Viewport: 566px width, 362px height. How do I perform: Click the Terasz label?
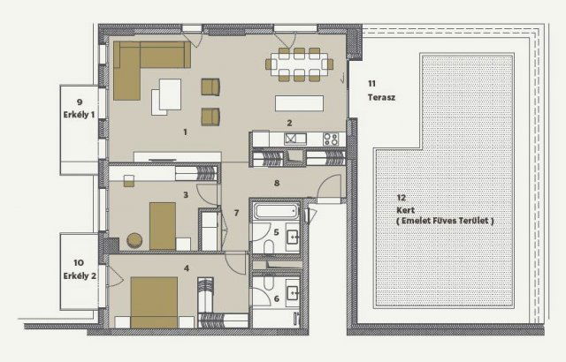tap(381, 97)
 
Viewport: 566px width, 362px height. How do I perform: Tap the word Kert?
tap(405, 210)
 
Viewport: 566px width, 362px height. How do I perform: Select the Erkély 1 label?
tap(79, 115)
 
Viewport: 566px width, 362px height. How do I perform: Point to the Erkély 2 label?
tap(80, 275)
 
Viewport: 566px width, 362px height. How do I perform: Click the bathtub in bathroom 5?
tap(277, 211)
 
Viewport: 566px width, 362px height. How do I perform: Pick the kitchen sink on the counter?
tap(295, 139)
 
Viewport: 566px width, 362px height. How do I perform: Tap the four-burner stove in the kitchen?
tap(331, 139)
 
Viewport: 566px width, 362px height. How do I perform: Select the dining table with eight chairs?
tap(299, 64)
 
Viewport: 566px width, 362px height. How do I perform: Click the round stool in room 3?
tap(134, 240)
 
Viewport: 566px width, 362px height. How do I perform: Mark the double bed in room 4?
tap(154, 302)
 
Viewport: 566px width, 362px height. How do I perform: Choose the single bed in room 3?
tap(163, 226)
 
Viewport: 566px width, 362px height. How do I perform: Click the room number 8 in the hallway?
tap(277, 183)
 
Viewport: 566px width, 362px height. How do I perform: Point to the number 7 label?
tap(236, 213)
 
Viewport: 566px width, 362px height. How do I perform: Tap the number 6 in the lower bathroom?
tap(277, 298)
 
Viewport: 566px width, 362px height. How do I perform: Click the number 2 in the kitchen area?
tap(289, 123)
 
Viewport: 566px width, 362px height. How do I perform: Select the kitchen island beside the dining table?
tap(299, 103)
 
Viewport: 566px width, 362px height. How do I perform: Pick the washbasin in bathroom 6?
tap(293, 293)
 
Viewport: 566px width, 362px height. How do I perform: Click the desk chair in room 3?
tap(129, 181)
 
